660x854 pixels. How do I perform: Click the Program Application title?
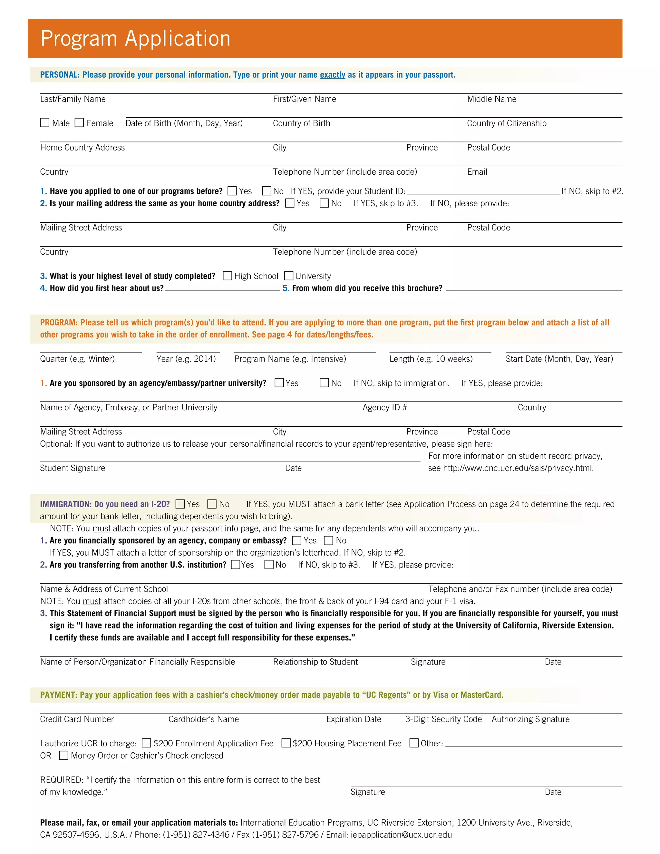pos(135,38)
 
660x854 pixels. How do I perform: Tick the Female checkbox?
pos(79,123)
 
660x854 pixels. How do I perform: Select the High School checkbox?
pos(227,276)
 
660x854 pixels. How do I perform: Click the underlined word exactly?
pos(332,75)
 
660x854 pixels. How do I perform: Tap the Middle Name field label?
pos(491,99)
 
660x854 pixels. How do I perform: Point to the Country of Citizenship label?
pos(507,123)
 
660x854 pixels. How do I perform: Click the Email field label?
pos(477,172)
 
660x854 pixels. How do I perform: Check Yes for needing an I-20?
pos(180,504)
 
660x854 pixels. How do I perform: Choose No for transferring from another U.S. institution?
pos(269,565)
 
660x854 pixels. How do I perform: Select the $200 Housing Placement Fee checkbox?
pos(286,743)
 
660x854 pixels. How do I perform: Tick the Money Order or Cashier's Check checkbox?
pos(63,755)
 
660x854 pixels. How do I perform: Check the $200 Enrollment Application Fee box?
pos(146,743)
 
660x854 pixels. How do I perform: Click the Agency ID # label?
pos(385,407)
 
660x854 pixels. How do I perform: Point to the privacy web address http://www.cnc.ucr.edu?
pos(518,468)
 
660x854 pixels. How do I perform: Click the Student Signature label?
pos(73,468)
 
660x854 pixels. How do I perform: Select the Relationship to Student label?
pos(315,662)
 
